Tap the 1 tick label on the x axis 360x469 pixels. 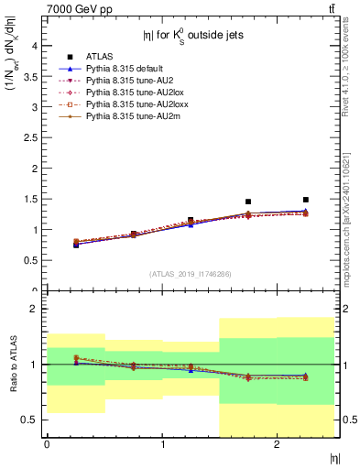click(163, 445)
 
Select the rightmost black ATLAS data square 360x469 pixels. click(306, 200)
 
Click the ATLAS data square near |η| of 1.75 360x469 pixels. click(248, 202)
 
